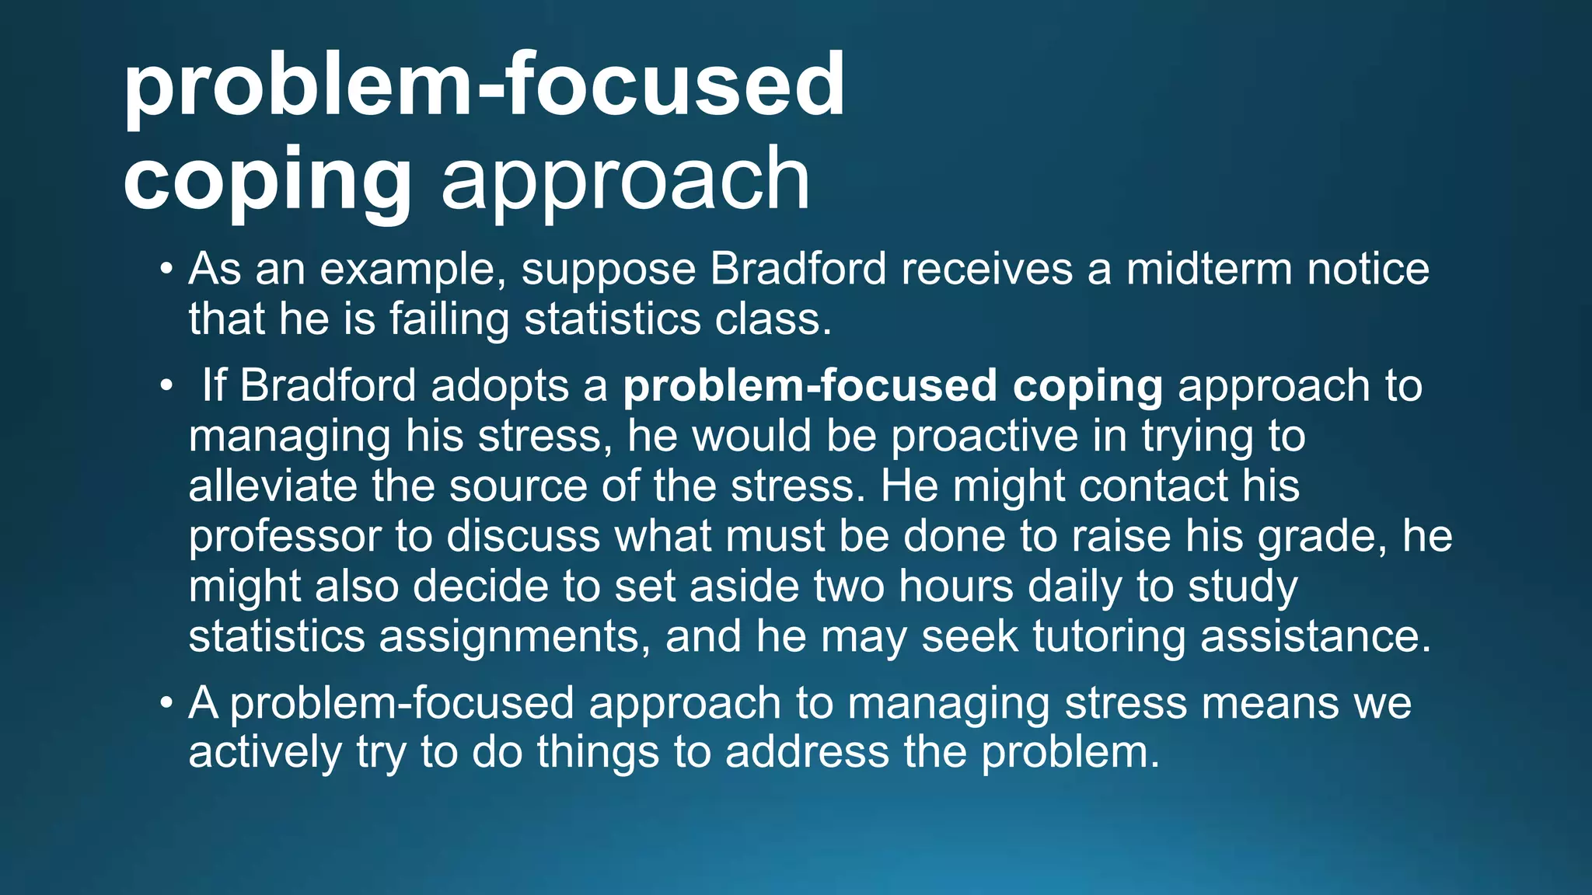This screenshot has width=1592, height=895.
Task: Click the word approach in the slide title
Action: (x=625, y=181)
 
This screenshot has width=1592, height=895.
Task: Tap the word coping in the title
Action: (x=267, y=181)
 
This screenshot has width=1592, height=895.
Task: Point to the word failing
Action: (x=449, y=319)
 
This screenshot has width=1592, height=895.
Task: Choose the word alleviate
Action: (x=272, y=486)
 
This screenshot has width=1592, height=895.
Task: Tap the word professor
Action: (x=285, y=537)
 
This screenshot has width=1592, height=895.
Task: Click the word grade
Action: (x=1321, y=537)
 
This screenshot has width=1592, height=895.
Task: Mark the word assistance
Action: (x=1315, y=637)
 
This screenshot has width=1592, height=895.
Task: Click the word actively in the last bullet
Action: (x=265, y=753)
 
